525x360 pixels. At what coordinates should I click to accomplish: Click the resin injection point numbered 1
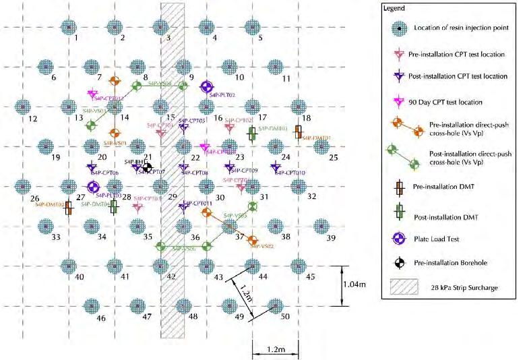[x=68, y=27]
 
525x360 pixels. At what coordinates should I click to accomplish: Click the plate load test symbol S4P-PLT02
[x=207, y=86]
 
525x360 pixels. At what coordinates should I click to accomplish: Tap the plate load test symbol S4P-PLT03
[x=94, y=187]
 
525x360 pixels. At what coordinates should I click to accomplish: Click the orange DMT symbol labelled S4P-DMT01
[x=298, y=131]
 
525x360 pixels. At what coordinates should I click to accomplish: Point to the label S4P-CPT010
[x=291, y=173]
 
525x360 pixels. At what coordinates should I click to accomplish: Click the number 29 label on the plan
[x=173, y=197]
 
